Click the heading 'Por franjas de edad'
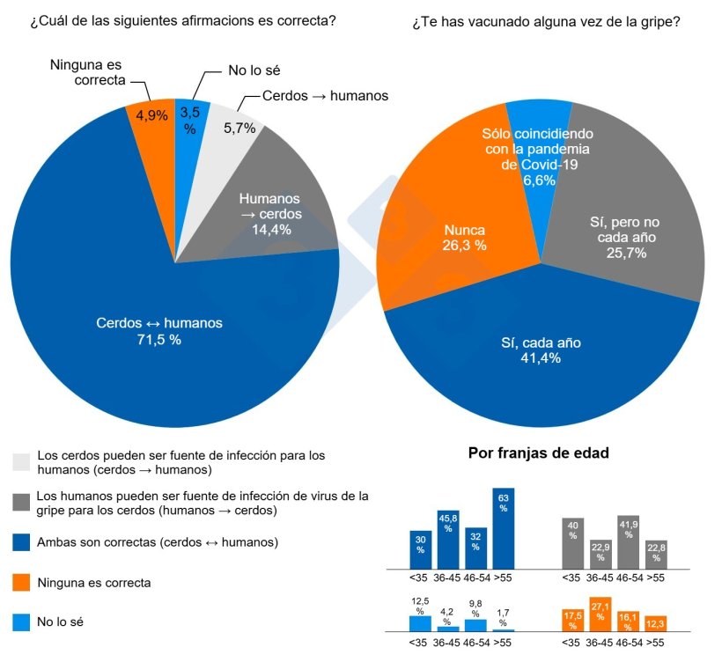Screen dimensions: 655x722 [x=538, y=454]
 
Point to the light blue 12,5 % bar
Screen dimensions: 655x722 [x=420, y=623]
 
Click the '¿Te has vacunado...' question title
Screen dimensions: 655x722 [x=546, y=20]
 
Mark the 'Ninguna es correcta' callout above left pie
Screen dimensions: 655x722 [x=87, y=72]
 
